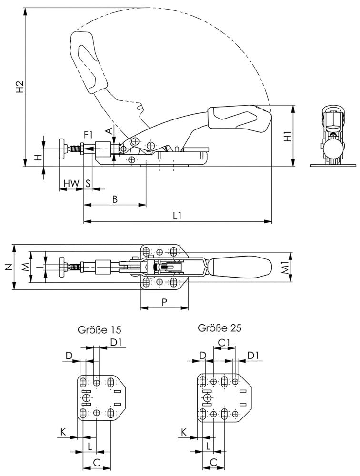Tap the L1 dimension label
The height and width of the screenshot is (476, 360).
[177, 216]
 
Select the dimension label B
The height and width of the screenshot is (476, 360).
[115, 199]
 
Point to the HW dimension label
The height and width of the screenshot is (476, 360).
[71, 183]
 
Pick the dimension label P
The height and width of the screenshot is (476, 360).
[164, 302]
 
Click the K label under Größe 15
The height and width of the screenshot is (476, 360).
[63, 432]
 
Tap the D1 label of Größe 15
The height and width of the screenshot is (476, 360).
[116, 341]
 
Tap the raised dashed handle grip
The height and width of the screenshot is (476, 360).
[86, 59]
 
